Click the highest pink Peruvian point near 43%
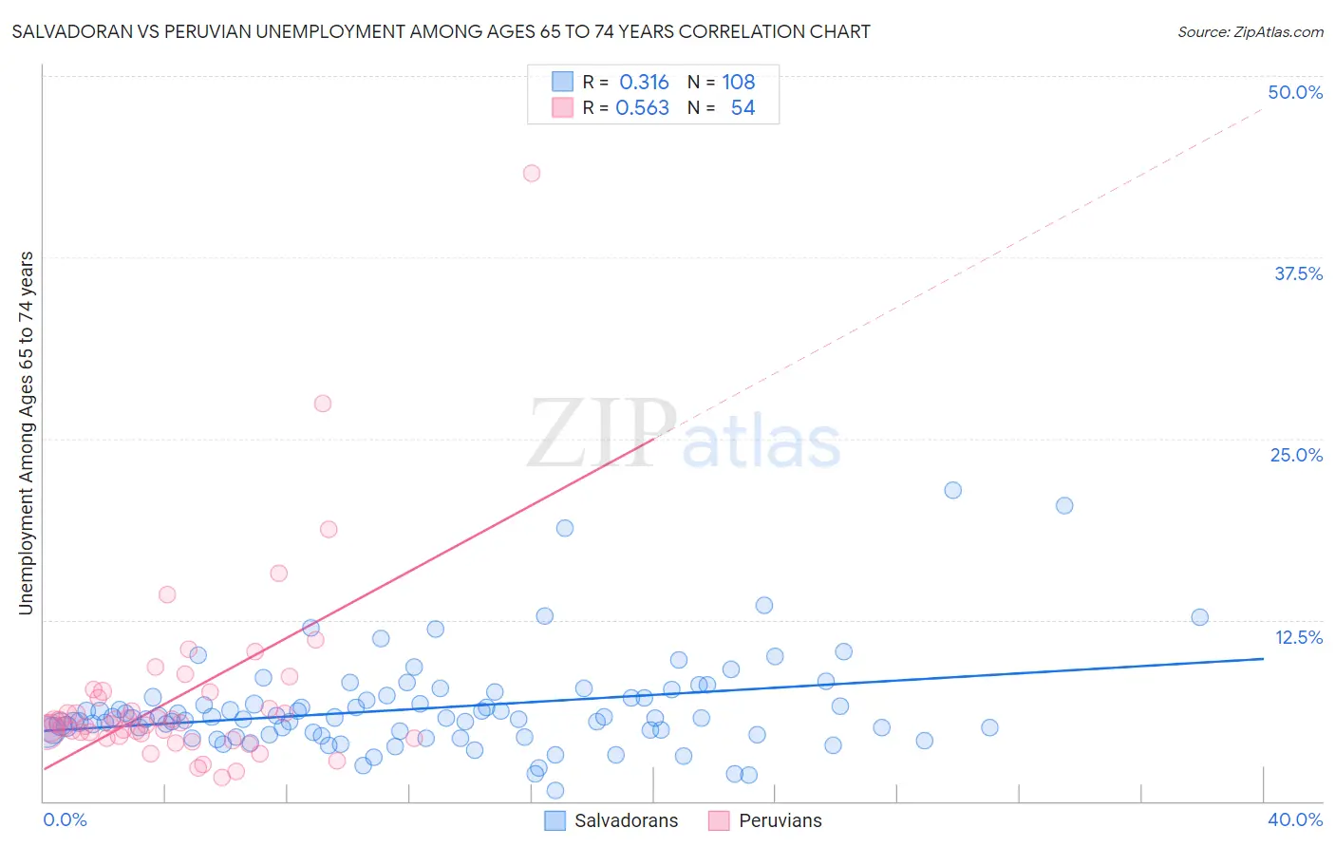532,173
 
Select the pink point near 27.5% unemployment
323,404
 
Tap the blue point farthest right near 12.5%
1199,617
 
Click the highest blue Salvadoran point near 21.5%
953,490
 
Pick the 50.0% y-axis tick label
1295,92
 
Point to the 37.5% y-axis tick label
1298,273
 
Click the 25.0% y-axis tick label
1296,455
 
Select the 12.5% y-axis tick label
1298,637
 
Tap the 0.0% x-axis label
65,819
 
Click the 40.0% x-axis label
1295,819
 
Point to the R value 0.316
644,83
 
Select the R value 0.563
642,108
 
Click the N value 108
738,83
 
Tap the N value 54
743,108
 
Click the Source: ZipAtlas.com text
1250,32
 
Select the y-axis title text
27,433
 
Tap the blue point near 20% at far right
1064,505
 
